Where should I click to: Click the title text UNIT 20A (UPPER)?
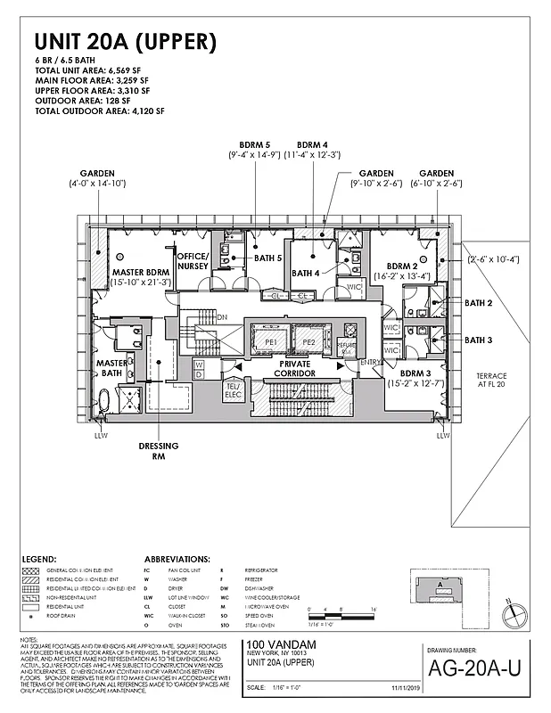pyautogui.click(x=125, y=41)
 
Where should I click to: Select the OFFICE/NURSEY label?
pyautogui.click(x=192, y=260)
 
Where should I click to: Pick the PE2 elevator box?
pyautogui.click(x=308, y=341)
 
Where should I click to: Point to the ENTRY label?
pyautogui.click(x=369, y=361)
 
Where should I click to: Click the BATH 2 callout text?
pyautogui.click(x=478, y=303)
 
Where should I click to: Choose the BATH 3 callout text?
pyautogui.click(x=478, y=340)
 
